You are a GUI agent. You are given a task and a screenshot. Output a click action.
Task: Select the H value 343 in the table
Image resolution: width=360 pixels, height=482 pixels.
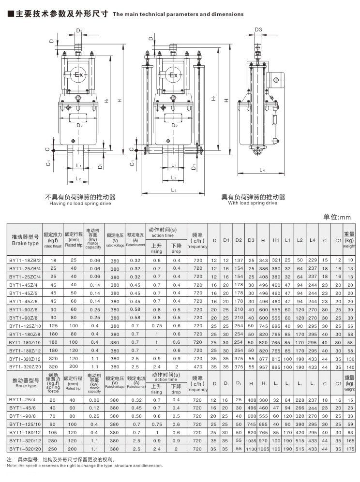[263, 260]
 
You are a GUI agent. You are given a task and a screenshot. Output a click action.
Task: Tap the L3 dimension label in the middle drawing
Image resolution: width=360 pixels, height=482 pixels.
[174, 190]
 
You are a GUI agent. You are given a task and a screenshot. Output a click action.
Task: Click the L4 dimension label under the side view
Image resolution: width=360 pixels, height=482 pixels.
[262, 170]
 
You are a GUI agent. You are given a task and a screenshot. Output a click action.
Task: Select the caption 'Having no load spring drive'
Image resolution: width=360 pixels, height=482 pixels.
[80, 204]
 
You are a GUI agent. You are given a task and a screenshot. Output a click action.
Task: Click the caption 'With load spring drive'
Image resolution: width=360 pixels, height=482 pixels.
[253, 203]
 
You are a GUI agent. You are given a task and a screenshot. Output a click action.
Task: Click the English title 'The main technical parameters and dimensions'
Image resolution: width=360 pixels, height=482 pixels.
[178, 14]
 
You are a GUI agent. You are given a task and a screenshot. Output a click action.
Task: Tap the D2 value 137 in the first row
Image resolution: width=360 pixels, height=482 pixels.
[238, 260]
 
